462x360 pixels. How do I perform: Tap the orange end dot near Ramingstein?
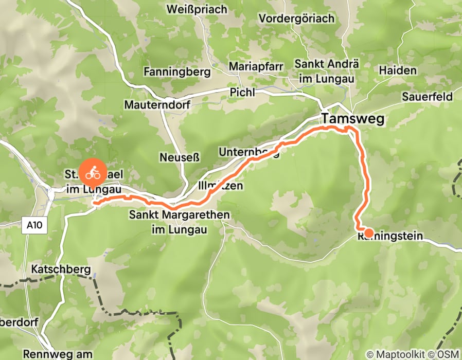pyautogui.click(x=368, y=232)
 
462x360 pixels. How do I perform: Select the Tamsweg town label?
pyautogui.click(x=353, y=118)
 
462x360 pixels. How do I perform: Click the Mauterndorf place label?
pyautogui.click(x=157, y=105)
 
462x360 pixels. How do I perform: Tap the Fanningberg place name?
pyautogui.click(x=177, y=71)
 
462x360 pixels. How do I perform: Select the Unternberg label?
pyautogui.click(x=248, y=152)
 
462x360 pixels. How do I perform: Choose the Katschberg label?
pyautogui.click(x=60, y=269)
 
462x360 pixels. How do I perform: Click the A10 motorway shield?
pyautogui.click(x=31, y=224)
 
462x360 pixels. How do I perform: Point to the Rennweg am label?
pyautogui.click(x=51, y=354)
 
